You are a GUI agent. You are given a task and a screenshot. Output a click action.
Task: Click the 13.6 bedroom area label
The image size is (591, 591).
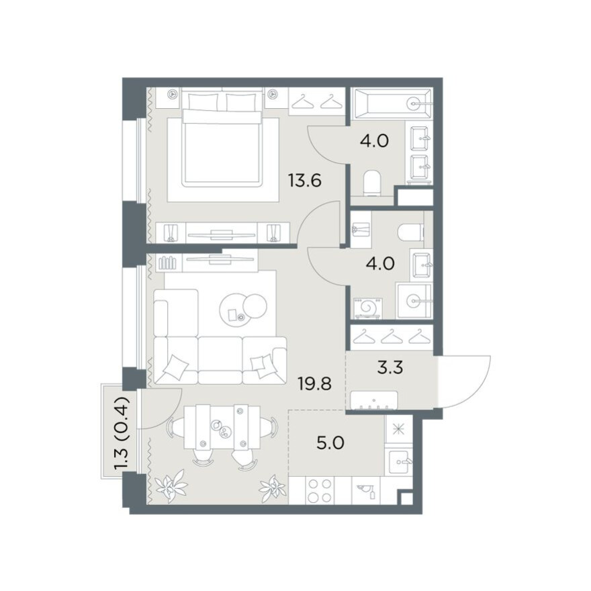pos(304,181)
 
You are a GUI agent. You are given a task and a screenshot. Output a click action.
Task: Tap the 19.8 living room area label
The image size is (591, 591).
pos(314,383)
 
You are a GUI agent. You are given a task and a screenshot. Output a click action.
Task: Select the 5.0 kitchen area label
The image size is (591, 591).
pos(330,443)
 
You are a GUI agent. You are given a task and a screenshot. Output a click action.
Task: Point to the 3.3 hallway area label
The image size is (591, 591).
pos(390,367)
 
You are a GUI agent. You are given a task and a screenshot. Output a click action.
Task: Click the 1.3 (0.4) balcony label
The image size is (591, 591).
pos(122,433)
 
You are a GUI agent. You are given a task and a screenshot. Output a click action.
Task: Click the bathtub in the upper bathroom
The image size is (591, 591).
pos(392,103)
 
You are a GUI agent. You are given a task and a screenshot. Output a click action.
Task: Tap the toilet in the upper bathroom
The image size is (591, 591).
pos(374,183)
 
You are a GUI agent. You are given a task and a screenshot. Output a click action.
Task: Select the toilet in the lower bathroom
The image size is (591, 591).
pos(410,232)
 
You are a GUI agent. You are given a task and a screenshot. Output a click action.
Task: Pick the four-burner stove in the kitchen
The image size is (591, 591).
pos(319,490)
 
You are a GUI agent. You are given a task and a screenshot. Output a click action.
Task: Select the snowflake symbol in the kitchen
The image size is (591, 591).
pos(398,429)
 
